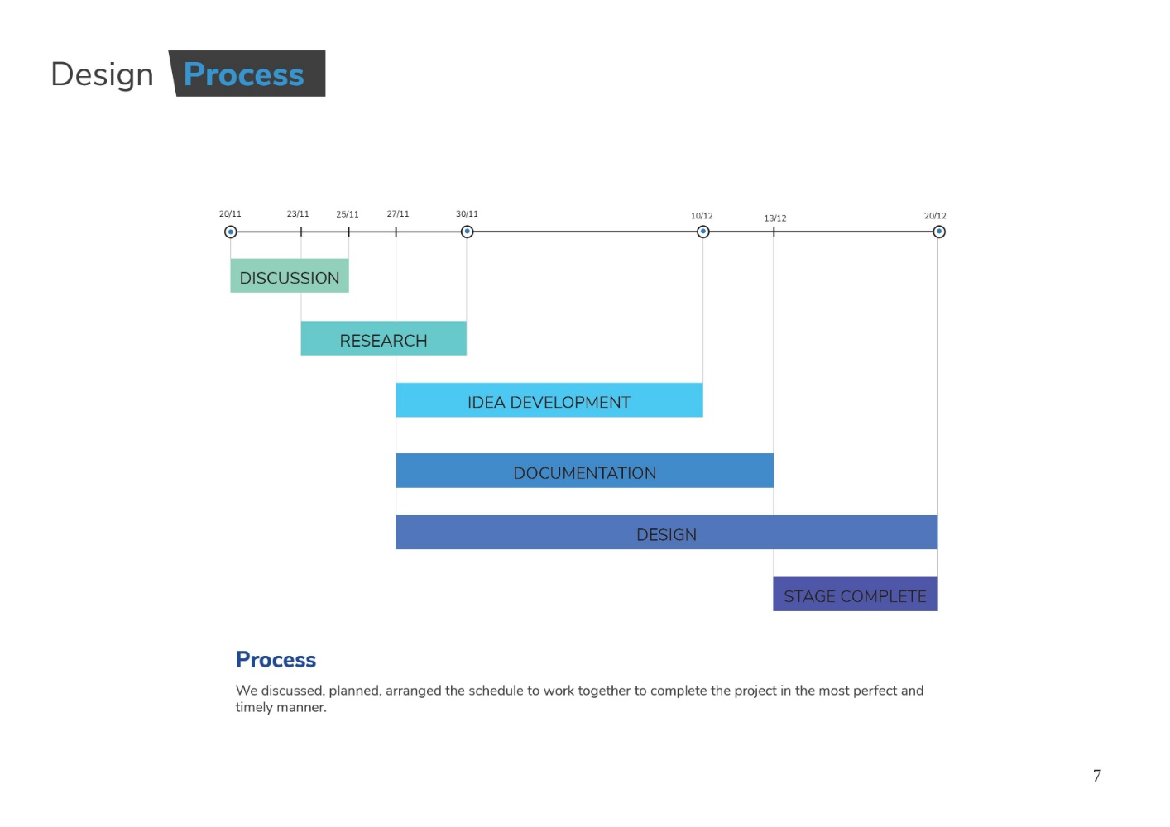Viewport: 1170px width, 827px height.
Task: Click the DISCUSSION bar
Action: click(290, 275)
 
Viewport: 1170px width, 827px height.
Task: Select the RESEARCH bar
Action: click(383, 338)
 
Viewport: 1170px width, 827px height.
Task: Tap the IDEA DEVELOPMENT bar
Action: click(549, 400)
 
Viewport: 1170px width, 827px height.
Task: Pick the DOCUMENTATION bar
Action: click(584, 471)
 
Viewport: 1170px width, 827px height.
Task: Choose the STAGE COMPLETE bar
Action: click(856, 594)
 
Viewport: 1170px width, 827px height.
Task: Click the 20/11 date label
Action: click(230, 213)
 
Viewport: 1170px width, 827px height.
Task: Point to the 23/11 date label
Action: click(298, 213)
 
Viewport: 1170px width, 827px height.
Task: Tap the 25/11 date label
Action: click(348, 214)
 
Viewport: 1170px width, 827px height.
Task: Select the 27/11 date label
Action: click(398, 213)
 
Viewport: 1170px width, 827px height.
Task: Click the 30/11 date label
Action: click(467, 213)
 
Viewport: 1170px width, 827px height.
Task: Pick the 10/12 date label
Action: click(702, 216)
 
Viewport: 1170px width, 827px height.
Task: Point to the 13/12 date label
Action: click(775, 218)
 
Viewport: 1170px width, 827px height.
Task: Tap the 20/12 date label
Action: click(935, 216)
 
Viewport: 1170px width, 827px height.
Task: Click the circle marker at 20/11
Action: click(230, 232)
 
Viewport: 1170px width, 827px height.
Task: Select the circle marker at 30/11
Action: click(467, 232)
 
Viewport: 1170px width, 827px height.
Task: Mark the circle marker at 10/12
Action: click(703, 232)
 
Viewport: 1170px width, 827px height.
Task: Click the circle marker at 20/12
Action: click(939, 232)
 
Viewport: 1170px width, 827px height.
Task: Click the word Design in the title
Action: click(103, 74)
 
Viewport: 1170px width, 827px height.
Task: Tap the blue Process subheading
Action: click(276, 659)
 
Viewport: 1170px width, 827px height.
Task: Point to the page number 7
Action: click(1097, 776)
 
